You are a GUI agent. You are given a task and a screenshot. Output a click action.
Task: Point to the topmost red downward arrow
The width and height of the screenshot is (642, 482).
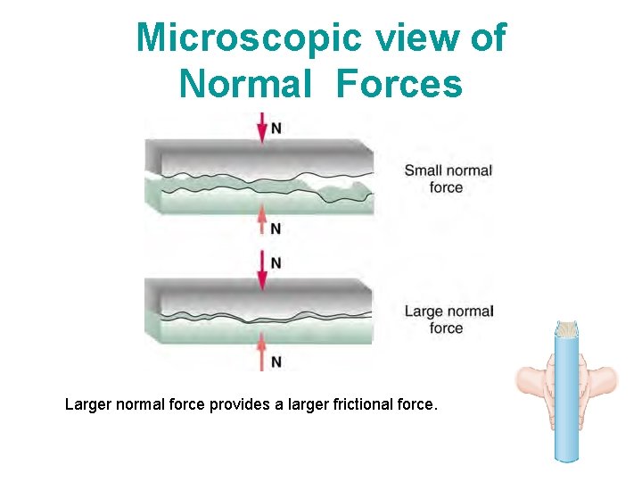[261, 128]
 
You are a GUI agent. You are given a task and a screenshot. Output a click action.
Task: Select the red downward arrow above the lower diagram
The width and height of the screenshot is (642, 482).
[261, 269]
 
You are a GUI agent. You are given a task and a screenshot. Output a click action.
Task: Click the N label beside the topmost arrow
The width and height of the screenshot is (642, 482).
[276, 129]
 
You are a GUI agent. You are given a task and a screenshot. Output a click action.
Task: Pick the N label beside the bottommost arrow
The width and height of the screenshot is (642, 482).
[276, 361]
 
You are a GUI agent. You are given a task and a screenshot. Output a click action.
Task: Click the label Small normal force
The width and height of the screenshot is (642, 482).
[448, 179]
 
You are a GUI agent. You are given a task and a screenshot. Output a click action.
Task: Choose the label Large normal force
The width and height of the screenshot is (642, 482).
[448, 320]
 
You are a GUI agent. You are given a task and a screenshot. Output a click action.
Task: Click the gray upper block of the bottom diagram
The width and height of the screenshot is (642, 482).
[259, 295]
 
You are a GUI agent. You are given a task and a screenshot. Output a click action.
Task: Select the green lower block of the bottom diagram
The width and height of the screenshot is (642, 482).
[259, 329]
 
